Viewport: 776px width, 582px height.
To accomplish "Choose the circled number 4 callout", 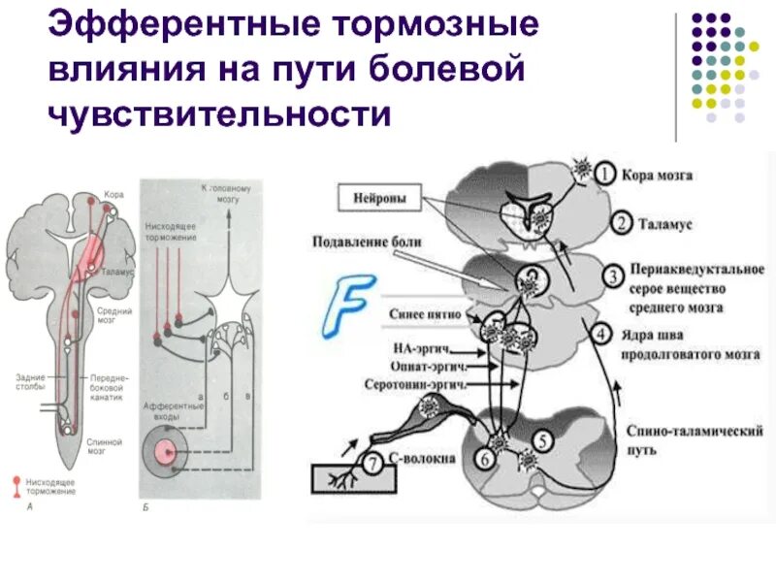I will click(602, 336).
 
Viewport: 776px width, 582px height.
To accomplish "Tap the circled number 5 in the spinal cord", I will click(545, 439).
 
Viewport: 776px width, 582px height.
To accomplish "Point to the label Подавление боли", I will click(367, 242).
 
